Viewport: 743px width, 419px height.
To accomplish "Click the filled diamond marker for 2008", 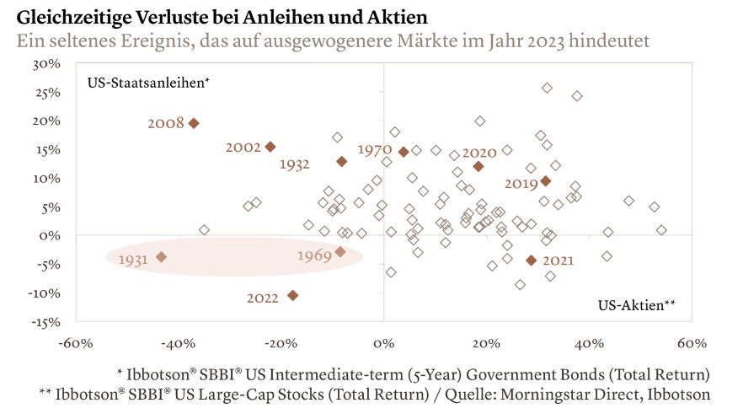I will coord(194,123).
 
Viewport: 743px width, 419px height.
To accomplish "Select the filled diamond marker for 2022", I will coord(292,295).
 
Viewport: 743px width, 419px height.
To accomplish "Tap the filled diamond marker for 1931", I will coord(161,257).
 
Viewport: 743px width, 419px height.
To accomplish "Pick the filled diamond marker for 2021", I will coord(531,261).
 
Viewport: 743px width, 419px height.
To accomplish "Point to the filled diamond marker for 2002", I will coord(270,147).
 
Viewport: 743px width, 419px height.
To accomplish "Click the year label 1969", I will coord(315,255).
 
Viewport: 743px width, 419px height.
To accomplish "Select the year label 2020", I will coord(480,153).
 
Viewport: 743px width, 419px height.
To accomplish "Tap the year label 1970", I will coord(374,150).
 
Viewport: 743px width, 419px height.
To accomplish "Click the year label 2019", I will coord(521,183).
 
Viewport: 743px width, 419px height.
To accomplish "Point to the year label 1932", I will coord(295,164).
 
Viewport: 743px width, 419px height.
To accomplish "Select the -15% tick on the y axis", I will coord(45,322).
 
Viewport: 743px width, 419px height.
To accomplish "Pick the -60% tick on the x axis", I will coord(74,343).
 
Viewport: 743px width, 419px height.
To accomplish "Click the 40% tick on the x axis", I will coord(589,343).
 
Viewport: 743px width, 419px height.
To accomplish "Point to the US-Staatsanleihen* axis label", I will coord(148,83).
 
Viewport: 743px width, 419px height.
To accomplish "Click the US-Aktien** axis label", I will coord(637,305).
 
